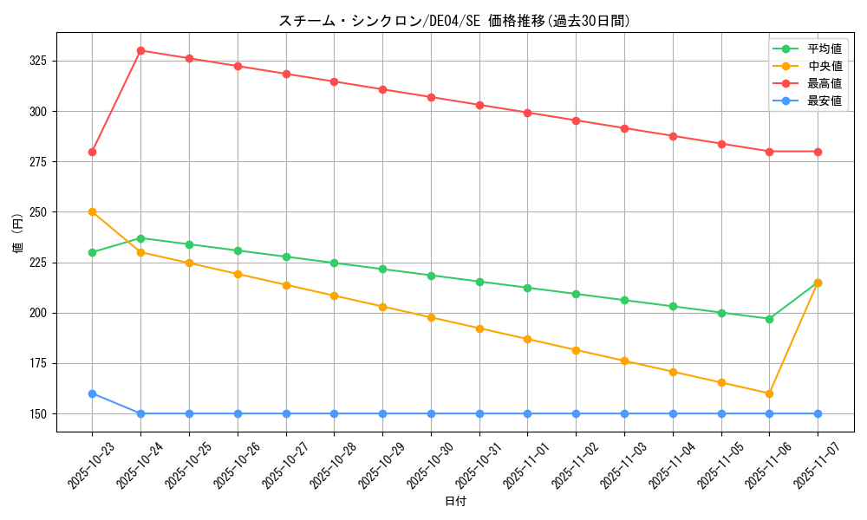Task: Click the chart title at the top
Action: tap(454, 21)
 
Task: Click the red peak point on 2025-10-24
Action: tap(140, 50)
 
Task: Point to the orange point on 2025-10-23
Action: tap(92, 211)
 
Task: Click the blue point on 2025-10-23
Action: tap(92, 393)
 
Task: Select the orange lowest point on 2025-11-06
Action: tap(769, 393)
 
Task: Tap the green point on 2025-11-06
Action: tap(769, 319)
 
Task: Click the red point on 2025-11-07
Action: tap(818, 152)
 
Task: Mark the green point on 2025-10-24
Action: tap(140, 237)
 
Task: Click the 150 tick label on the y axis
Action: tap(40, 413)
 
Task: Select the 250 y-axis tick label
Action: tap(40, 212)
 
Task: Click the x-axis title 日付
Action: tap(454, 502)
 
